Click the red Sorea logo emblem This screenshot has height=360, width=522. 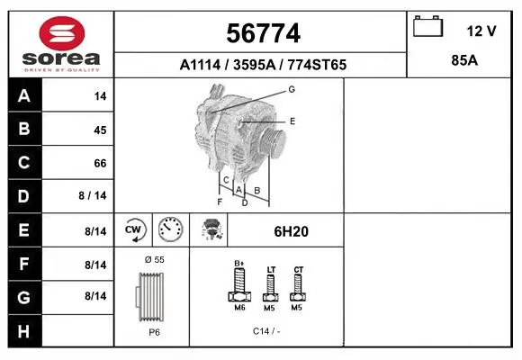click(x=62, y=33)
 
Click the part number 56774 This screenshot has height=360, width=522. click(x=264, y=33)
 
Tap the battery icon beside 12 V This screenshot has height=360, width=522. click(x=428, y=26)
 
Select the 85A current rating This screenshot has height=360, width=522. click(x=464, y=60)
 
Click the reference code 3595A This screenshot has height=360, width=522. click(x=255, y=65)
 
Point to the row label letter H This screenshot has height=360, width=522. click(x=23, y=331)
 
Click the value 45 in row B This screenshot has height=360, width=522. click(x=100, y=130)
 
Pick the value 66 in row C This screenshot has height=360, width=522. click(x=100, y=163)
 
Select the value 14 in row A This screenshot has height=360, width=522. click(x=100, y=96)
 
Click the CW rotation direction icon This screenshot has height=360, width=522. click(x=134, y=229)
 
